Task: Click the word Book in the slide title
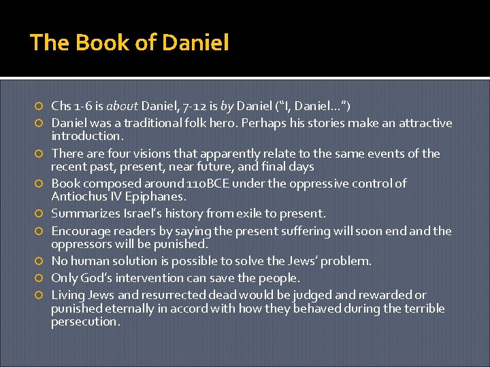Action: click(93, 43)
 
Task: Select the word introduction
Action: click(84, 136)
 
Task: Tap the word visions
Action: click(155, 154)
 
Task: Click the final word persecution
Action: click(85, 321)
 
